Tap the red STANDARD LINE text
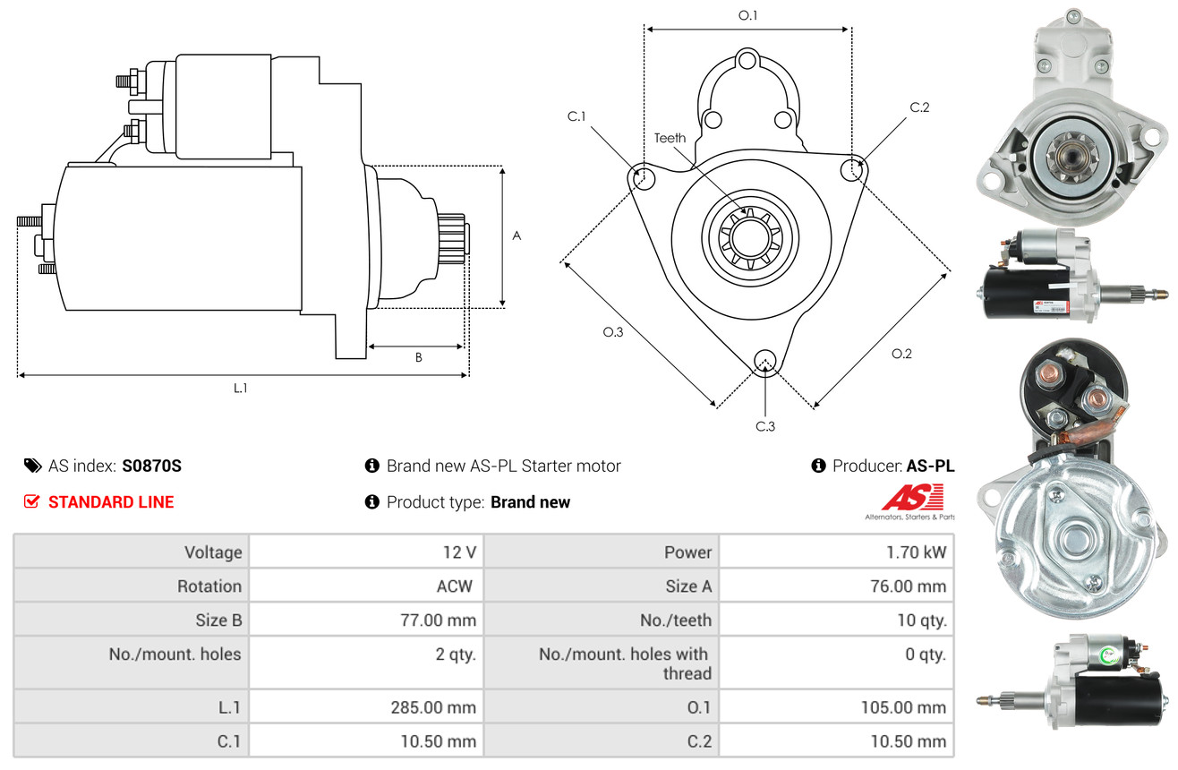pos(111,502)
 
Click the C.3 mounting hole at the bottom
pos(764,361)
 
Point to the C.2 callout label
pos(919,108)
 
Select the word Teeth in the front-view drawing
pos(670,138)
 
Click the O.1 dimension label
pos(747,15)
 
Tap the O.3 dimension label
pos(612,332)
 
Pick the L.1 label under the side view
pos(240,389)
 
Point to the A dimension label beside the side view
pos(516,236)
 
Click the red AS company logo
pos(912,497)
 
